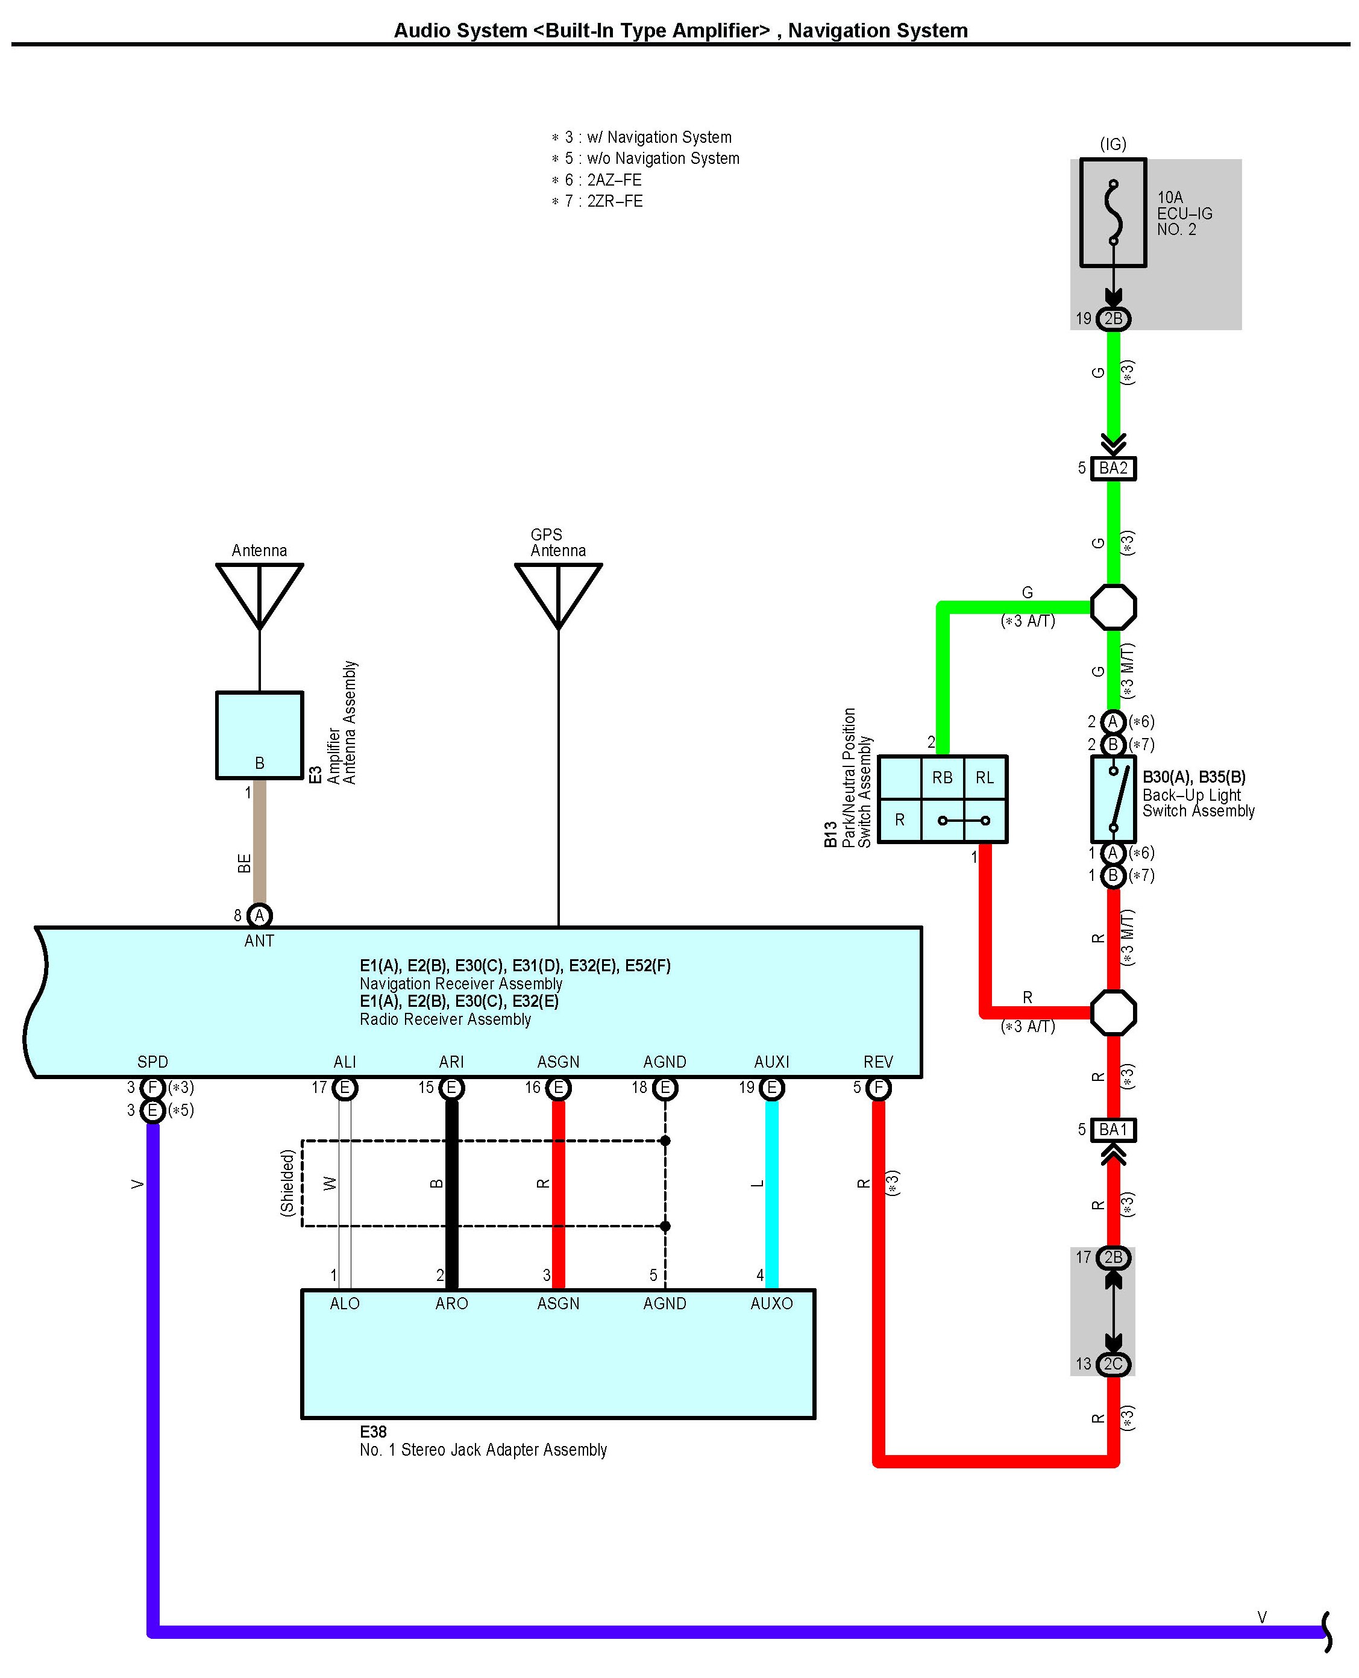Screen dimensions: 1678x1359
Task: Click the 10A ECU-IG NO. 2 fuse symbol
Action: pos(1113,213)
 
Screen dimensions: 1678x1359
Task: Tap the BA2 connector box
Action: pos(1113,468)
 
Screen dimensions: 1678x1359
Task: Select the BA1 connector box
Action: pos(1113,1129)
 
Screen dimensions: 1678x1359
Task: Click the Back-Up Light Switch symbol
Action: pos(1113,798)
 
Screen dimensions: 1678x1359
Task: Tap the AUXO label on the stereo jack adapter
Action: pos(771,1303)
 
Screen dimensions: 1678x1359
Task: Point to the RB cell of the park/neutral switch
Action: pos(942,777)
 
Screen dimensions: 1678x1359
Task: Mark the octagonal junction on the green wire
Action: pos(1113,607)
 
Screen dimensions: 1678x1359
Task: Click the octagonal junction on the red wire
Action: pos(1113,1012)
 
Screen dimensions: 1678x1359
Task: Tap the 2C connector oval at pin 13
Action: pos(1113,1364)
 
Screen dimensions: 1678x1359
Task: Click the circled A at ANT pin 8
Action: pos(259,915)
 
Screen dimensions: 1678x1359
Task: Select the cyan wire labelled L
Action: pos(771,1189)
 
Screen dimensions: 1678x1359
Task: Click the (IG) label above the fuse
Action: pos(1113,144)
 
